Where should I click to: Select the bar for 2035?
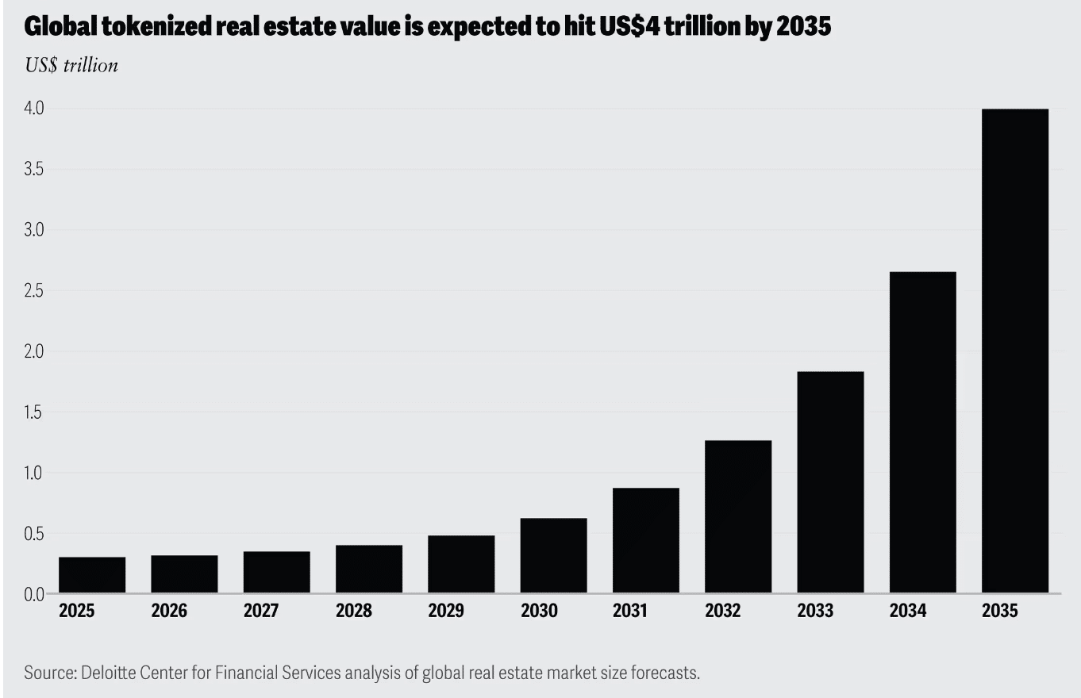(x=1014, y=351)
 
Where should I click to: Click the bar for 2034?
(x=922, y=432)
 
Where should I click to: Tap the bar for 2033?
(x=830, y=482)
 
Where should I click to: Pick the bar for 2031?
(x=645, y=540)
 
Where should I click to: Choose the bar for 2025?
(x=92, y=575)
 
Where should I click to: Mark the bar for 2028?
(x=368, y=569)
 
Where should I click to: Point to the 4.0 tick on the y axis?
(x=33, y=109)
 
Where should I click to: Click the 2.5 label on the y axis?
(x=33, y=291)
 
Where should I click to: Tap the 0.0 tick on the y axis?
(x=33, y=594)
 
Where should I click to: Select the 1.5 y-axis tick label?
(x=33, y=412)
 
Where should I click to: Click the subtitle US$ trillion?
(x=71, y=65)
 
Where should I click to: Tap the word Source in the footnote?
(x=48, y=673)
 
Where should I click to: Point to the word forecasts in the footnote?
(x=667, y=673)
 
